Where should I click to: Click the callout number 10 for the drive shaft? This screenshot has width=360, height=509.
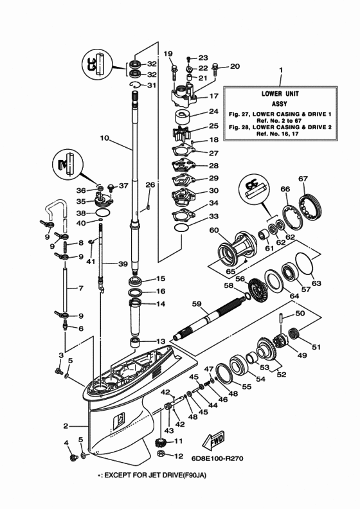click(105, 138)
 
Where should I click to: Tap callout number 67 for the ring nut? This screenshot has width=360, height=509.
click(303, 179)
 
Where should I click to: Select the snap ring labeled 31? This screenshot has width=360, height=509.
click(138, 85)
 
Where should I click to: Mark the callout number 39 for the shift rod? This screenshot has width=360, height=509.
click(122, 264)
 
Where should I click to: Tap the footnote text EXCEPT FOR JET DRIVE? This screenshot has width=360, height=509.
click(146, 476)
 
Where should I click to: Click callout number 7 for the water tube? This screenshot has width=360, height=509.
click(80, 289)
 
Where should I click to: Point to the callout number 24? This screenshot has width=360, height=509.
click(214, 111)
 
